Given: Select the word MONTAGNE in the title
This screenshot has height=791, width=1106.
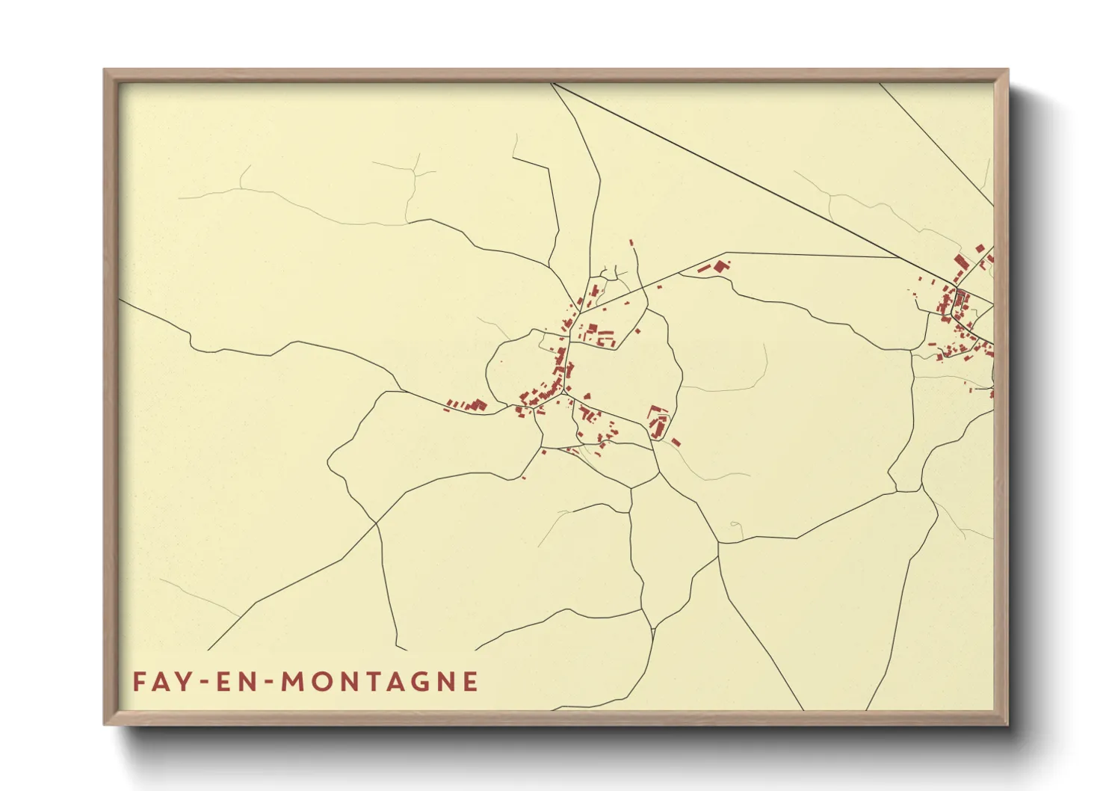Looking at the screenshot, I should (380, 682).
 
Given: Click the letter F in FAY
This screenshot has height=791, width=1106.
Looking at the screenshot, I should (139, 682).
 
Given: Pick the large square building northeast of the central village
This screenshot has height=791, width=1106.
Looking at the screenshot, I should (721, 265).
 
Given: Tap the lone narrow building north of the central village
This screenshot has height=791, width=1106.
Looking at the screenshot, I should (632, 243).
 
